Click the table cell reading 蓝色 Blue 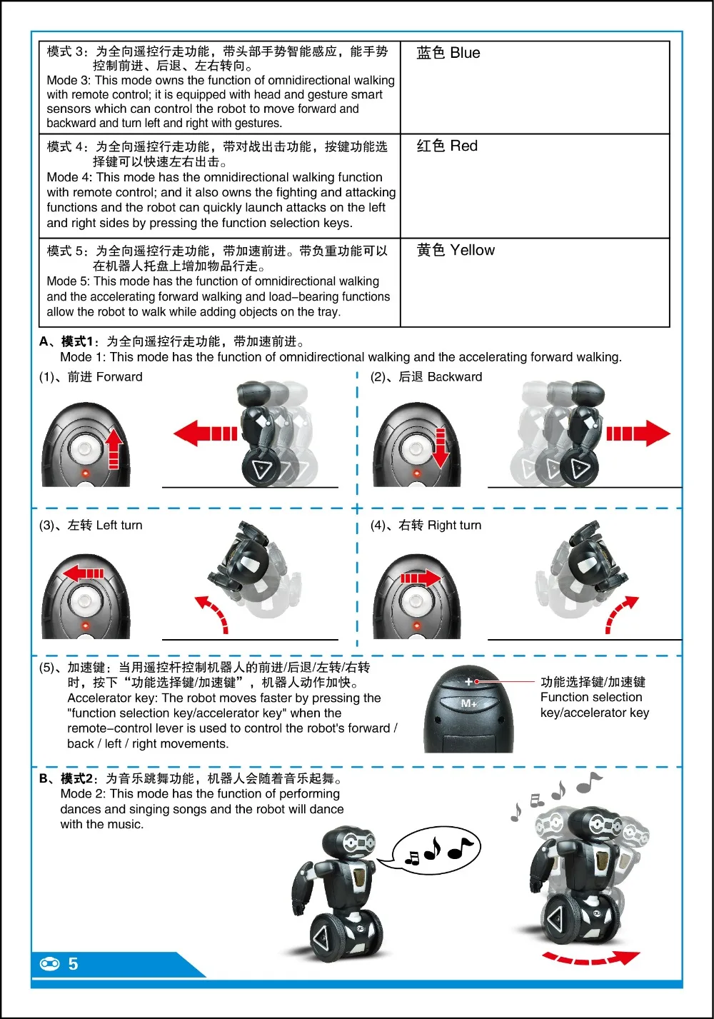(535, 87)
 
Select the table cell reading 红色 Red (535, 186)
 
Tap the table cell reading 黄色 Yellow (535, 282)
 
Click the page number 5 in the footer (74, 963)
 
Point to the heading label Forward (119, 376)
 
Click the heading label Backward (455, 376)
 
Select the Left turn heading (119, 525)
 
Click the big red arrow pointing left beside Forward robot (206, 433)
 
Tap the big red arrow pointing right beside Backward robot (638, 433)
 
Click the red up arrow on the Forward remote (114, 449)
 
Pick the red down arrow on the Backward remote (441, 448)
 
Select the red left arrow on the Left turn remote (84, 573)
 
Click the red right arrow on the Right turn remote (421, 578)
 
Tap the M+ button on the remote (468, 704)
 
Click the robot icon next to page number (50, 963)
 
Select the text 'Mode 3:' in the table (69, 81)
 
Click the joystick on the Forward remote (84, 449)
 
